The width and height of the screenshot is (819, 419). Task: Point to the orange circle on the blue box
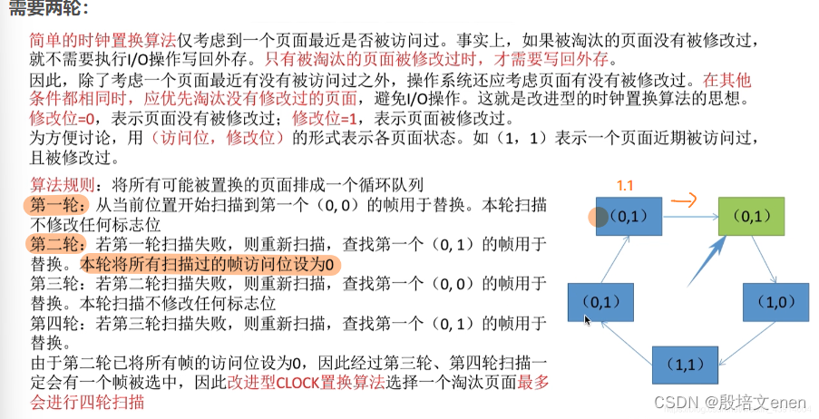pyautogui.click(x=598, y=217)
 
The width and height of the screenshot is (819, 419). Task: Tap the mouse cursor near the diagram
pyautogui.click(x=588, y=319)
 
